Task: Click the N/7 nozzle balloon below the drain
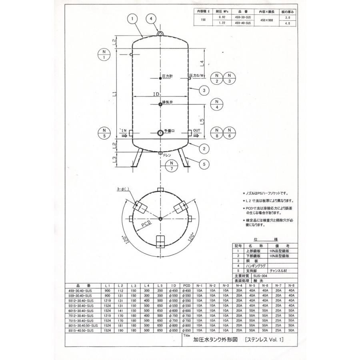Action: [x=171, y=166]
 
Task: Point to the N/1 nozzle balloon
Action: [x=104, y=55]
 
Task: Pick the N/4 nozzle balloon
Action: [x=216, y=104]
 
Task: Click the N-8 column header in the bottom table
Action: [x=290, y=286]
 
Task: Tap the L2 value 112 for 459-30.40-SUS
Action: [x=120, y=291]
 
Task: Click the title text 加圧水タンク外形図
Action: [x=215, y=341]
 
